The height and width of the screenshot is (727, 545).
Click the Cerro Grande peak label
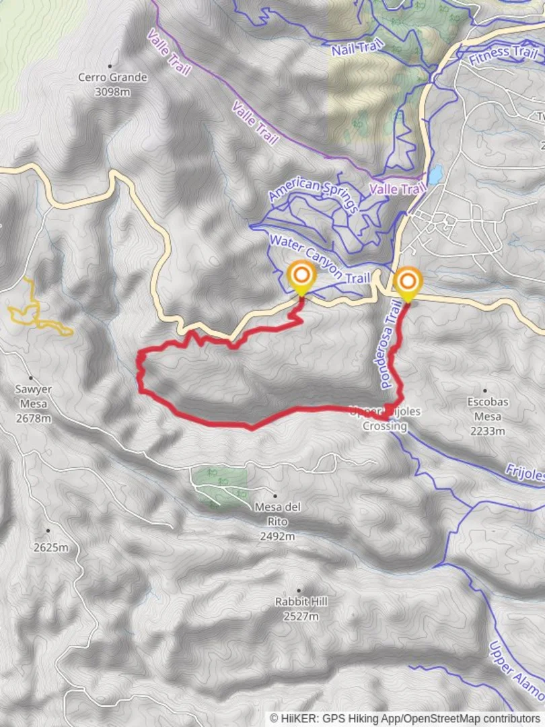112,77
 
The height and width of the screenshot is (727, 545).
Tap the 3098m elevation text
112,91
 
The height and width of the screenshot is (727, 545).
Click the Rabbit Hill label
300,602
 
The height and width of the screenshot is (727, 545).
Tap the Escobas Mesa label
487,409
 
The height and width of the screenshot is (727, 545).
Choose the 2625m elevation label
51,547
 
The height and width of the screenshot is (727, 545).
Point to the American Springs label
314,195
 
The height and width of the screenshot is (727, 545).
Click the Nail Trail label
357,48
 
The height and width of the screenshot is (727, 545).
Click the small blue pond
435,175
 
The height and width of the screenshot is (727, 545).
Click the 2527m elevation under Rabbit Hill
300,616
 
